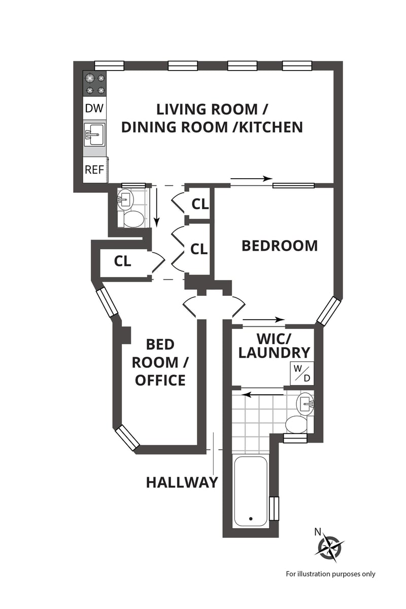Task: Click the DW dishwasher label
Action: point(94,108)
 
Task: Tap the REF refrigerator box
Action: point(94,170)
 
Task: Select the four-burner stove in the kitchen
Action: point(94,84)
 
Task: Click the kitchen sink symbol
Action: point(94,134)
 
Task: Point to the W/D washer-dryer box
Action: point(302,374)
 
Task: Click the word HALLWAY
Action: point(182,483)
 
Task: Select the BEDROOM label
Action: point(280,246)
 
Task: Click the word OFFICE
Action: point(160,380)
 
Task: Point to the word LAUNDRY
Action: point(274,353)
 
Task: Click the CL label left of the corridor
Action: point(123,261)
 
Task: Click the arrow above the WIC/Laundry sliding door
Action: point(263,320)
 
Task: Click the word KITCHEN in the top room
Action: point(271,127)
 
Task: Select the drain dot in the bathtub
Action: point(251,519)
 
